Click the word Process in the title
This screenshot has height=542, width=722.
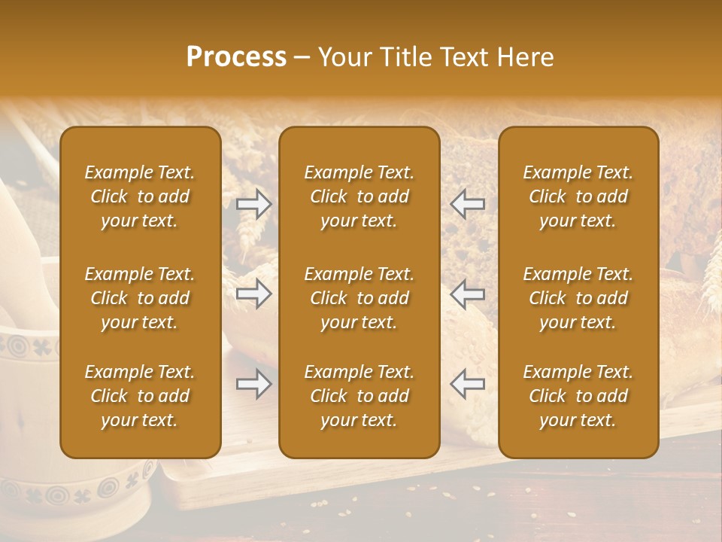[236, 57]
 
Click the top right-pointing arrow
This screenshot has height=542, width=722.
[254, 204]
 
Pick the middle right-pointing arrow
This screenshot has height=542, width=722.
[254, 293]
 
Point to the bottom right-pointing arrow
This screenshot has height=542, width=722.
[254, 385]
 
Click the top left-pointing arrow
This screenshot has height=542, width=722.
[468, 204]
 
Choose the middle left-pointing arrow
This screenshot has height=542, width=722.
[468, 293]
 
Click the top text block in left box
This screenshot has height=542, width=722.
[140, 196]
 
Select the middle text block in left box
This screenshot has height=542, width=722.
[140, 298]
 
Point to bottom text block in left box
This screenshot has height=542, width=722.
[140, 396]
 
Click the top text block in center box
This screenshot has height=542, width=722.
[359, 196]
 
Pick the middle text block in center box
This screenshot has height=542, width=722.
[359, 298]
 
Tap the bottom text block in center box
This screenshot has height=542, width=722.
[359, 396]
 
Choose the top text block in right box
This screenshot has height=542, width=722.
[578, 196]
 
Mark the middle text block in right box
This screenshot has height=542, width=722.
[578, 298]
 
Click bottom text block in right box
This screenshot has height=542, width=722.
[578, 396]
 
